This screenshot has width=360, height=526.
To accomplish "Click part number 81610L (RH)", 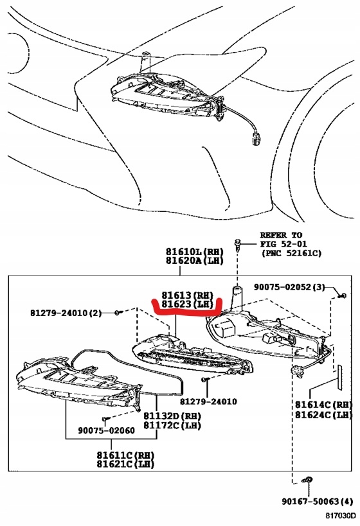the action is (x=194, y=251).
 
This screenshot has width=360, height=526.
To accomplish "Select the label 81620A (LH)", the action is (x=194, y=260).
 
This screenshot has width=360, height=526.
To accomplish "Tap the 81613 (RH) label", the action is (x=187, y=295).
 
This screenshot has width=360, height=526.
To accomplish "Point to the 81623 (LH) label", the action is (x=187, y=304).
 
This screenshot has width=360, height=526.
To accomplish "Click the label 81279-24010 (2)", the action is (x=66, y=313).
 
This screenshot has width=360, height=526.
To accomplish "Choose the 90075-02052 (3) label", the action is (x=289, y=287).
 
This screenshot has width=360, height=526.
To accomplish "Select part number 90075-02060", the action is (x=107, y=430).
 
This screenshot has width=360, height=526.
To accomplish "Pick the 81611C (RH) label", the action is (x=125, y=455).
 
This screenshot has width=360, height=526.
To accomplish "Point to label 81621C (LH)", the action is (x=125, y=464).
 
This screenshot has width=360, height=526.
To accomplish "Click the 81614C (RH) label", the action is (x=324, y=404).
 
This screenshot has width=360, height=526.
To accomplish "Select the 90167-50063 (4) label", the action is (x=318, y=502).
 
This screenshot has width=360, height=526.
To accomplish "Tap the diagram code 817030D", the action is (x=340, y=515).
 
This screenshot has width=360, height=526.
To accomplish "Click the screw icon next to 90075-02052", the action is (x=342, y=295).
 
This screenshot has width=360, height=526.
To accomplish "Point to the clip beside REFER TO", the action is (x=238, y=245).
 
